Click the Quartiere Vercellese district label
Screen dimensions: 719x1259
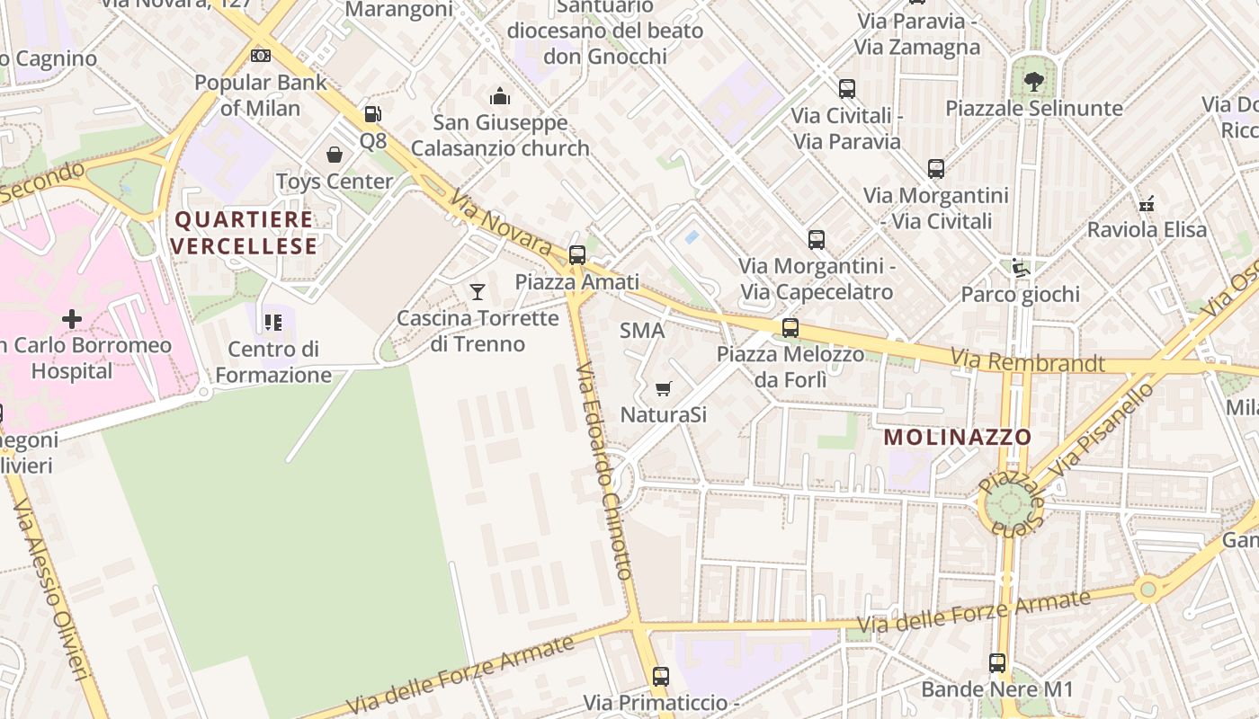coord(244,232)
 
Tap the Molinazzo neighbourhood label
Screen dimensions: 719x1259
coord(958,438)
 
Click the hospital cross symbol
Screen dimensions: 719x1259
coord(72,318)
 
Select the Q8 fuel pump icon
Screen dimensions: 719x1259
coord(372,114)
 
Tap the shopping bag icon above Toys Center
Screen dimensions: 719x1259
coord(335,155)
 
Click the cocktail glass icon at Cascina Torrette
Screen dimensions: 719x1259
coord(478,291)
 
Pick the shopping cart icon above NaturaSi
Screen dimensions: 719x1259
coord(664,388)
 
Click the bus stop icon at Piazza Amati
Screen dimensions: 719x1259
coord(577,254)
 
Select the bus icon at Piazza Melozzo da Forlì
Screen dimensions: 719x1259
coord(790,328)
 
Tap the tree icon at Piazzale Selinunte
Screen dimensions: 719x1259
coord(1034,82)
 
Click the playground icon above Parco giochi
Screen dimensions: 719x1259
coord(1020,268)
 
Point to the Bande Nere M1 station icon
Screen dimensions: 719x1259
coord(997,663)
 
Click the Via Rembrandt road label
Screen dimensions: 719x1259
coord(1028,361)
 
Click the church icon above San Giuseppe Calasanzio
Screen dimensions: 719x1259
coord(500,95)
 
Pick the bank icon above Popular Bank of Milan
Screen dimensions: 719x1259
coord(261,56)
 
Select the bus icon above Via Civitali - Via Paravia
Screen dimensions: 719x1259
coord(847,89)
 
